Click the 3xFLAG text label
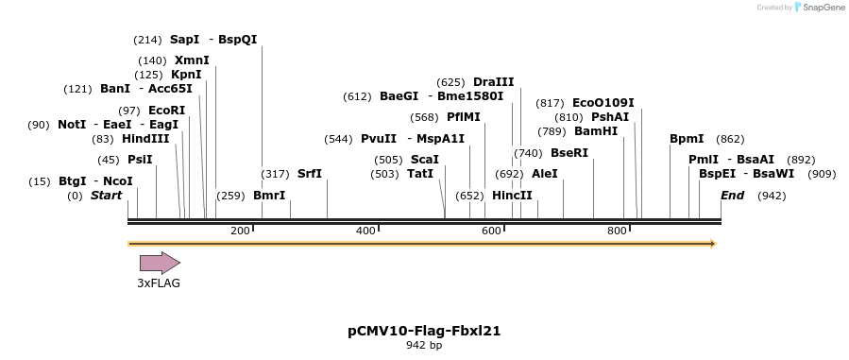pyautogui.click(x=159, y=283)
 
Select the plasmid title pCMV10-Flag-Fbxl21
pyautogui.click(x=423, y=331)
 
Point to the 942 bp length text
pyautogui.click(x=423, y=346)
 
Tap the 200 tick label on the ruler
pyautogui.click(x=240, y=231)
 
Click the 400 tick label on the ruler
pyautogui.click(x=365, y=231)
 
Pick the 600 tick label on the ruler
pyautogui.click(x=491, y=231)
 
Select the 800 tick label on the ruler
pyautogui.click(x=617, y=231)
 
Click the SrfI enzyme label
pyautogui.click(x=310, y=174)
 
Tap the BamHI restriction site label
pyautogui.click(x=595, y=131)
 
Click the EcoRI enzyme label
pyautogui.click(x=167, y=111)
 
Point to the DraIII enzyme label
pyautogui.click(x=494, y=82)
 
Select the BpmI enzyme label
pyautogui.click(x=687, y=139)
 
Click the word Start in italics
pyautogui.click(x=107, y=196)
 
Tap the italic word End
pyautogui.click(x=732, y=196)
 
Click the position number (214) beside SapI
pyautogui.click(x=148, y=40)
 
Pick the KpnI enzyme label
pyautogui.click(x=186, y=75)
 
